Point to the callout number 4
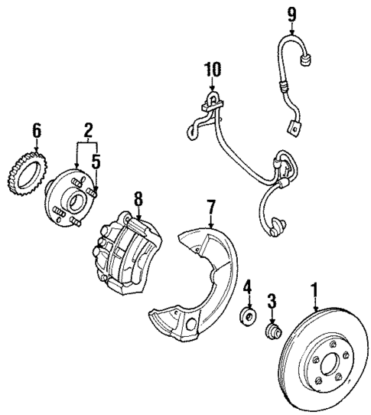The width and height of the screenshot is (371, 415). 247,287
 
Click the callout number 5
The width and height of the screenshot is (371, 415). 96,162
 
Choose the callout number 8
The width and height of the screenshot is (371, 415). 138,200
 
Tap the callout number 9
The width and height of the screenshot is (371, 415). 290,13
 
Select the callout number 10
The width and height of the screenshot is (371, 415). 212,70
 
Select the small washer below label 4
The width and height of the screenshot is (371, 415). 247,315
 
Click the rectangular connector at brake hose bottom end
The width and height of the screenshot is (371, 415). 292,127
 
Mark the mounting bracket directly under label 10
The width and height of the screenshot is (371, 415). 212,100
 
